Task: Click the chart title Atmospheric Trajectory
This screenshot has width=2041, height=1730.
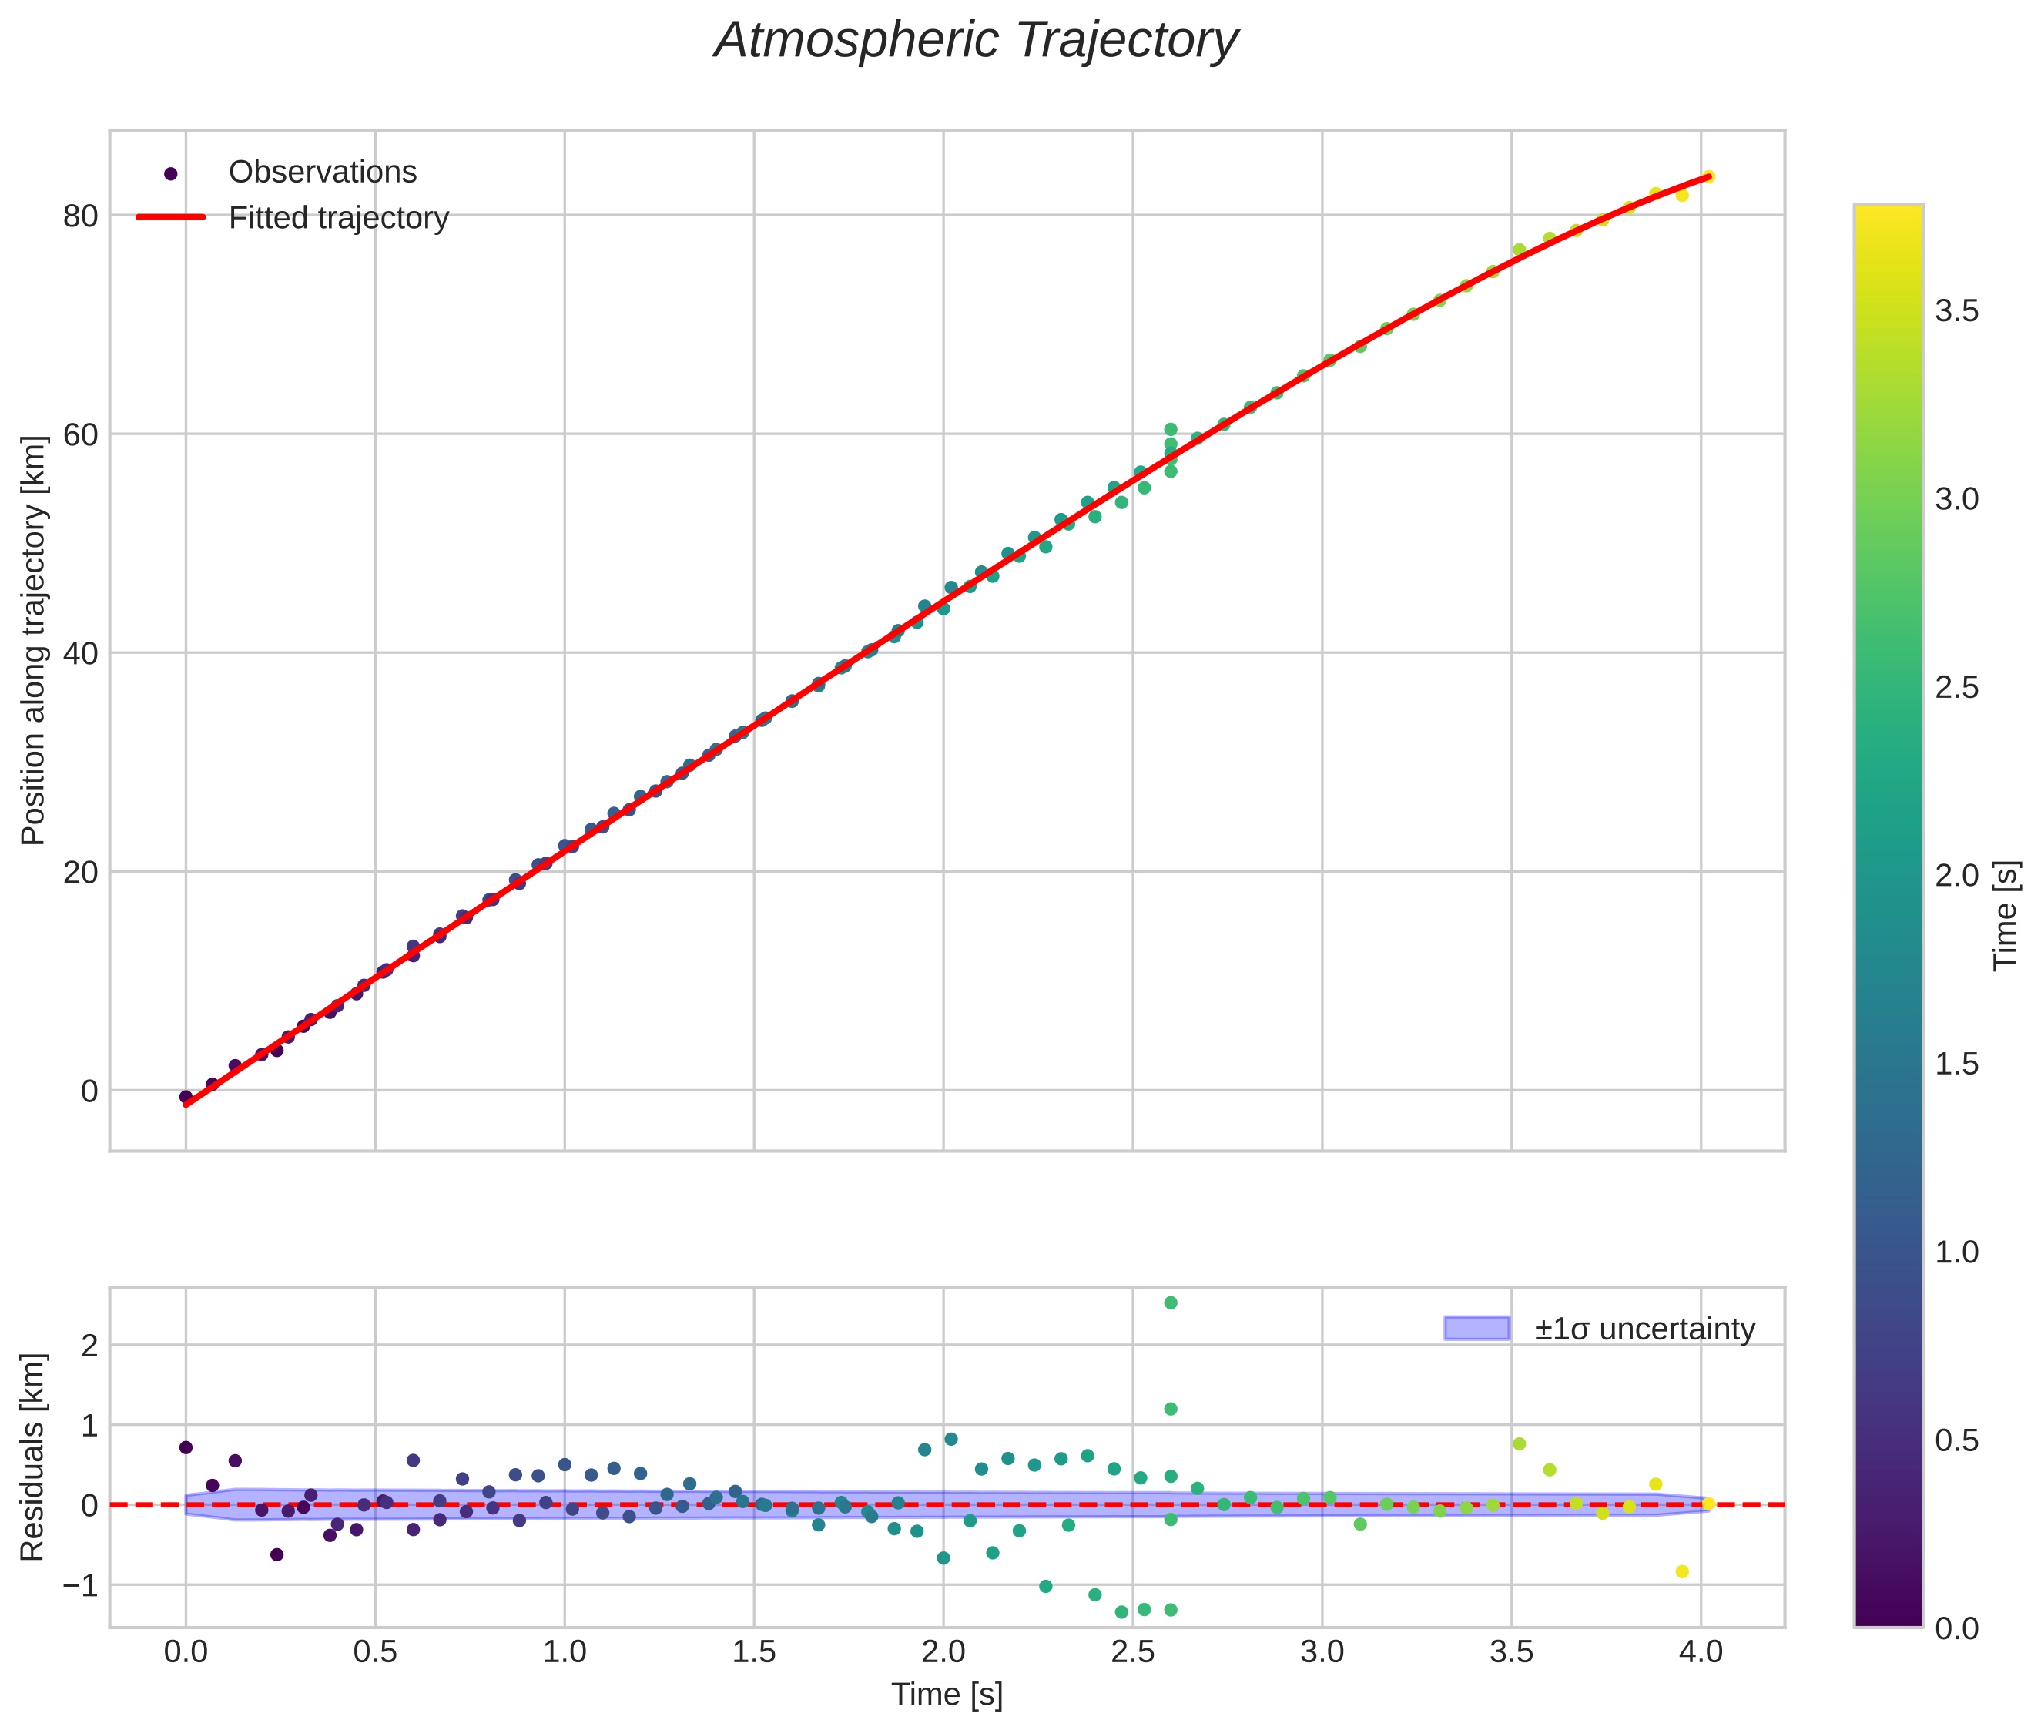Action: click(976, 41)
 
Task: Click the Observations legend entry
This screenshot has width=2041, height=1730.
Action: click(322, 173)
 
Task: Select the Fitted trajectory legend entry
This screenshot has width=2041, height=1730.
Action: click(338, 218)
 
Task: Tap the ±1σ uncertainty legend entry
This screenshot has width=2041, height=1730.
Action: click(1644, 1329)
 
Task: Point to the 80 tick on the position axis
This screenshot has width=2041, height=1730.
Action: click(80, 216)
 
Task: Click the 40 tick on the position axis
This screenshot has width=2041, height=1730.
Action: click(80, 653)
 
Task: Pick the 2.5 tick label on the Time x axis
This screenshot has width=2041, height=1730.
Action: click(1133, 1652)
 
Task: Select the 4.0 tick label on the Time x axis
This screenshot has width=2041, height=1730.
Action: click(1701, 1652)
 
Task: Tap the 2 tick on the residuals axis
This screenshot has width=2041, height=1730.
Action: click(89, 1346)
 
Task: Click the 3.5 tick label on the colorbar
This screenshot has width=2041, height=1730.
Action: click(1956, 312)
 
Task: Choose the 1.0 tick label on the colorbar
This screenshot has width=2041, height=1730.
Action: click(1956, 1252)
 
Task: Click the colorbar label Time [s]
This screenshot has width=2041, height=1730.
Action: click(2006, 915)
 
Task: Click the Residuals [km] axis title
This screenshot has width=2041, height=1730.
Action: click(33, 1457)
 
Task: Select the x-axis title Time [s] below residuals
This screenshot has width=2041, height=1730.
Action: click(947, 1695)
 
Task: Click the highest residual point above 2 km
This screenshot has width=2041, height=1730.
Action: click(1170, 1303)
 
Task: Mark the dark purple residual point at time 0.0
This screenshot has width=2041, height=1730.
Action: click(186, 1447)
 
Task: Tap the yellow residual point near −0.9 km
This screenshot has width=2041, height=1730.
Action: click(1682, 1572)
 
